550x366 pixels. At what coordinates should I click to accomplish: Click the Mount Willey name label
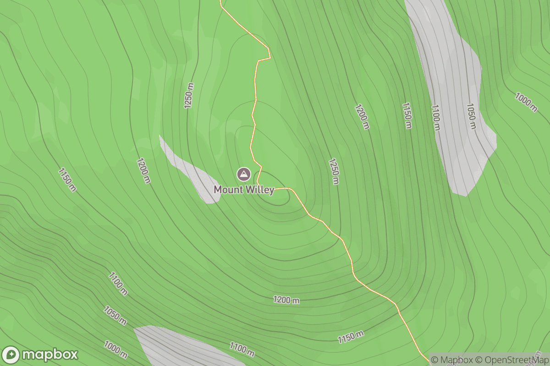click(244, 190)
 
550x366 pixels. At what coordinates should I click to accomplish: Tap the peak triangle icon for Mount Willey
click(243, 174)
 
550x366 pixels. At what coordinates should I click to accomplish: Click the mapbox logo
click(40, 355)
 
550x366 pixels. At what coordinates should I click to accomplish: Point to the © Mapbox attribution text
click(452, 360)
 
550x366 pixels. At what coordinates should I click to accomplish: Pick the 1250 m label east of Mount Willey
click(334, 172)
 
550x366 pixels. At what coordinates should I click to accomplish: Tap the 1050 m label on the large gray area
click(471, 116)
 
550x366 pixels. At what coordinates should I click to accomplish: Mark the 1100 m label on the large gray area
click(435, 117)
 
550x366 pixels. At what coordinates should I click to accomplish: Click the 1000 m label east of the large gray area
click(526, 102)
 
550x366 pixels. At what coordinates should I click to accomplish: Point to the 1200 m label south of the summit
click(286, 300)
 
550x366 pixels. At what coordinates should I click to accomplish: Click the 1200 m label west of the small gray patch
click(143, 171)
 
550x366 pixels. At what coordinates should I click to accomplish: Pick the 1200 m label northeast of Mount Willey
click(362, 117)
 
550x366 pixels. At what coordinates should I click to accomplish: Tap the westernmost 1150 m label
click(67, 179)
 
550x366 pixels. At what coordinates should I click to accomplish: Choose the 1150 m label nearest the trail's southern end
click(351, 337)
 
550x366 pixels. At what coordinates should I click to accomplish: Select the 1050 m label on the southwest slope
click(115, 316)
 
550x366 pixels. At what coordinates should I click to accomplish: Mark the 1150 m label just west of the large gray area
click(407, 116)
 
